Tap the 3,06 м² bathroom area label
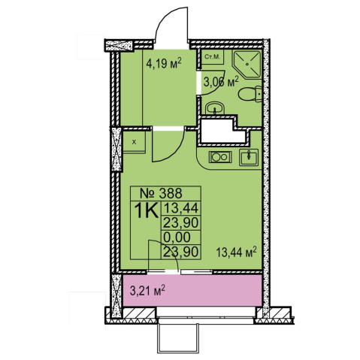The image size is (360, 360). (221, 82)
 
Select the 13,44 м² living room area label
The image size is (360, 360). (237, 252)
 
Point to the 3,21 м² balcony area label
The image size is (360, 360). (147, 290)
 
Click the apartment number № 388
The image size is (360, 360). (161, 193)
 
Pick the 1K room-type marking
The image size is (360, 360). (146, 211)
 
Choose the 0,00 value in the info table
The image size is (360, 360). (177, 237)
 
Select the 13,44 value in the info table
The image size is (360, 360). (181, 207)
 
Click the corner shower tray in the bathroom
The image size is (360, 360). (247, 64)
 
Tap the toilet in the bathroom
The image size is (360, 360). (250, 95)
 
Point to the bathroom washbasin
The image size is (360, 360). (215, 109)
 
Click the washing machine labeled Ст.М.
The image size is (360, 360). (212, 57)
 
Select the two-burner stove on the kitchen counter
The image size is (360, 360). (220, 157)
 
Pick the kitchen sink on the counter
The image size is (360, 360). (249, 157)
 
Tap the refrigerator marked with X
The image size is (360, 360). (134, 142)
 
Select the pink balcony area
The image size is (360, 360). (192, 290)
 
